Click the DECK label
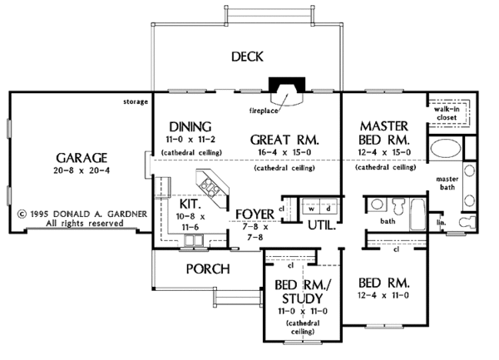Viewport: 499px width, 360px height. pyautogui.click(x=247, y=57)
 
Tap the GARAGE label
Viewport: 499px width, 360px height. pyautogui.click(x=82, y=158)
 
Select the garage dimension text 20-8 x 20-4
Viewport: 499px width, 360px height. pyautogui.click(x=82, y=170)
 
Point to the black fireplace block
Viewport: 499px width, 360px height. pyautogui.click(x=287, y=85)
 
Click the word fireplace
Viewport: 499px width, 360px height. pyautogui.click(x=264, y=111)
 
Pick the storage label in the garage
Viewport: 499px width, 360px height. pyautogui.click(x=136, y=102)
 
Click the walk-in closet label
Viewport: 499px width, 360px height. pyautogui.click(x=447, y=113)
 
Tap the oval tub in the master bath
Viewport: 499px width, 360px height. pyautogui.click(x=446, y=148)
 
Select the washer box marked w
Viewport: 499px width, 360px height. pyautogui.click(x=312, y=209)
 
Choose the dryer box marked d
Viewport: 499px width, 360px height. pyautogui.click(x=329, y=209)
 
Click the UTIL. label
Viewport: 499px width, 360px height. pyautogui.click(x=322, y=225)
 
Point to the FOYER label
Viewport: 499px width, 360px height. pyautogui.click(x=254, y=215)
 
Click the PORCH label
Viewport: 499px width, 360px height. pyautogui.click(x=208, y=269)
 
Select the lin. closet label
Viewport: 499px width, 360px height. pyautogui.click(x=441, y=223)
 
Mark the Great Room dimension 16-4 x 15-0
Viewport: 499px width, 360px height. pyautogui.click(x=284, y=152)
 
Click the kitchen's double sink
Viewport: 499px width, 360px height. pyautogui.click(x=194, y=240)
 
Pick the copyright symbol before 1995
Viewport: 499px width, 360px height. pyautogui.click(x=22, y=214)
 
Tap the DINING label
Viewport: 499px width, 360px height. pyautogui.click(x=190, y=127)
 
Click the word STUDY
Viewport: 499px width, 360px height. pyautogui.click(x=303, y=298)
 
